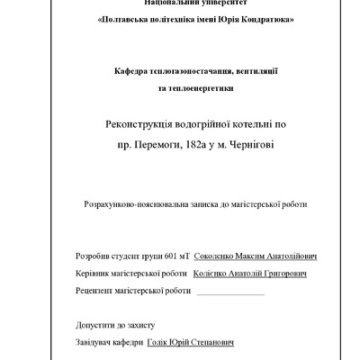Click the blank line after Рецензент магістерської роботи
(229, 292)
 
